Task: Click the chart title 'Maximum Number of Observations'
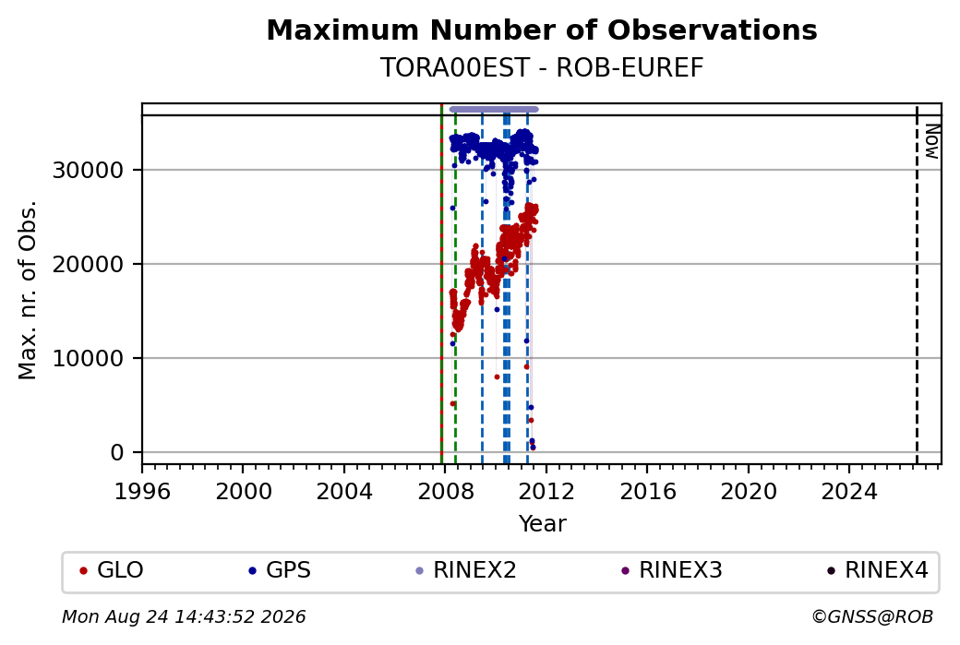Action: pyautogui.click(x=542, y=30)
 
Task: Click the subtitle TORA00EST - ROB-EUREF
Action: pyautogui.click(x=542, y=68)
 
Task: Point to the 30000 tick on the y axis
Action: pyautogui.click(x=89, y=170)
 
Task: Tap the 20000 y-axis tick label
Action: pyautogui.click(x=89, y=264)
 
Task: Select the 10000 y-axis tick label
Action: pyautogui.click(x=89, y=359)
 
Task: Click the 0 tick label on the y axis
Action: pyautogui.click(x=117, y=453)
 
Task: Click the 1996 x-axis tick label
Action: pyautogui.click(x=142, y=492)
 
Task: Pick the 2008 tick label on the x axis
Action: pyautogui.click(x=445, y=492)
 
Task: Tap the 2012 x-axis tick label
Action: pyautogui.click(x=546, y=492)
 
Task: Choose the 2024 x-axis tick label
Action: pyautogui.click(x=849, y=492)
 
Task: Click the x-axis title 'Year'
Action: pyautogui.click(x=543, y=524)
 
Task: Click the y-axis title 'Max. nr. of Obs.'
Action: pyautogui.click(x=28, y=290)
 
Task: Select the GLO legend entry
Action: pyautogui.click(x=112, y=570)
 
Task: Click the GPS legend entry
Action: pyautogui.click(x=279, y=570)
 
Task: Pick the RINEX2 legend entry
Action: pyautogui.click(x=466, y=570)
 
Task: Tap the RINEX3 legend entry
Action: pyautogui.click(x=672, y=570)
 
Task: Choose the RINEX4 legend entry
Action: pyautogui.click(x=877, y=570)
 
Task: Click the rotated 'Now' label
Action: pyautogui.click(x=931, y=141)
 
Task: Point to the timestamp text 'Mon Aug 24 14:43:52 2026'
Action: pyautogui.click(x=184, y=616)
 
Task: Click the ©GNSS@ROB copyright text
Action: pyautogui.click(x=872, y=616)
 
